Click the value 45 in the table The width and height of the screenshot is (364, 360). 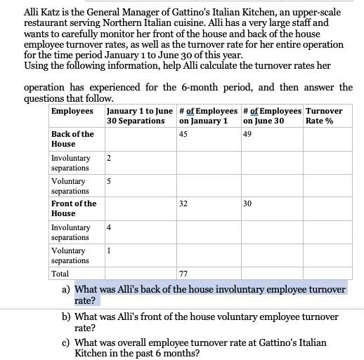(x=183, y=134)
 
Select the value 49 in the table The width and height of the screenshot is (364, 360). (x=247, y=134)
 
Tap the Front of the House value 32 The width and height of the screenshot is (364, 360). (x=183, y=204)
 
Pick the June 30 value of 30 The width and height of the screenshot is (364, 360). (x=247, y=204)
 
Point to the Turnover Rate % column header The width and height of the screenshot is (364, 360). (x=325, y=116)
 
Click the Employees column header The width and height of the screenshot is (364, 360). (x=72, y=112)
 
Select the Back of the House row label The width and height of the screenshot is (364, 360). (x=72, y=139)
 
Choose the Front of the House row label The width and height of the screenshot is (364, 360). (x=74, y=208)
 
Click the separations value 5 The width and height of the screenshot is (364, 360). (x=109, y=181)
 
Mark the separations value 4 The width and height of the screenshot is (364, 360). (x=109, y=227)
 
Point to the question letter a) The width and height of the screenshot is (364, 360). (x=66, y=289)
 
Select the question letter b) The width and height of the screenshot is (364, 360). (x=66, y=317)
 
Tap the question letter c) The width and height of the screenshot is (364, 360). (x=66, y=342)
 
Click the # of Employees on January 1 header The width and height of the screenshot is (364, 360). (x=207, y=116)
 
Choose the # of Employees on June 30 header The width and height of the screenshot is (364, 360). (x=271, y=116)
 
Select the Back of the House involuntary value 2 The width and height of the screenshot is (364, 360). (x=109, y=158)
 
